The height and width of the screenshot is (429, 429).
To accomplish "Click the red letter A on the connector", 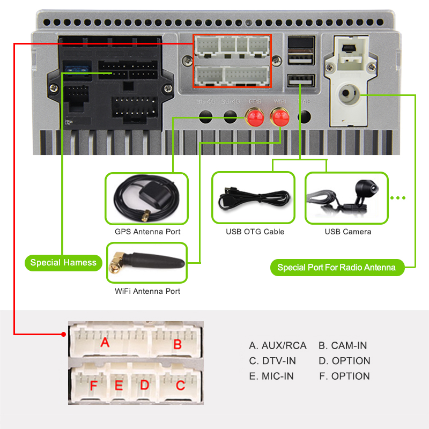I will click(105, 342).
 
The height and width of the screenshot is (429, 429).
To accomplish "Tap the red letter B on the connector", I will click(177, 344).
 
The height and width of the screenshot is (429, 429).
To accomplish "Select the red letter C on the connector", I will click(181, 385).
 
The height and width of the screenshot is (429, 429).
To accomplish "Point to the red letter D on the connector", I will click(144, 385).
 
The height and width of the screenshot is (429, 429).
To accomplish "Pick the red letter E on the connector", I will click(119, 386).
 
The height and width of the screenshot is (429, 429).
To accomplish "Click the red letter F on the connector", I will click(93, 386).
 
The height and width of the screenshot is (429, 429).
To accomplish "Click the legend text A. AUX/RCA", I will click(278, 346).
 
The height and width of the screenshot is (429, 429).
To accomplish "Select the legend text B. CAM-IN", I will click(343, 346).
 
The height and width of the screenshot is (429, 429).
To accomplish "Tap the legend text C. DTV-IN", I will click(272, 361).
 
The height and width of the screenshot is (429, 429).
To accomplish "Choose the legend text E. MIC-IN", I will click(271, 376).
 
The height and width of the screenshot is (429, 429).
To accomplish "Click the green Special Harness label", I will click(63, 262).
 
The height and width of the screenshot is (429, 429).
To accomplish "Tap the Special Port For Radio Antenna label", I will click(337, 267).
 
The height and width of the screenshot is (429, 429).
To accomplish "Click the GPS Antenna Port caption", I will click(147, 232).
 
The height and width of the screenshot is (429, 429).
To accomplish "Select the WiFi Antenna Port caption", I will click(147, 291).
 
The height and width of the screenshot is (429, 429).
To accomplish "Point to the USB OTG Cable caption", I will click(255, 232).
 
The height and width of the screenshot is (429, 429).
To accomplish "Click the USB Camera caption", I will click(348, 232).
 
